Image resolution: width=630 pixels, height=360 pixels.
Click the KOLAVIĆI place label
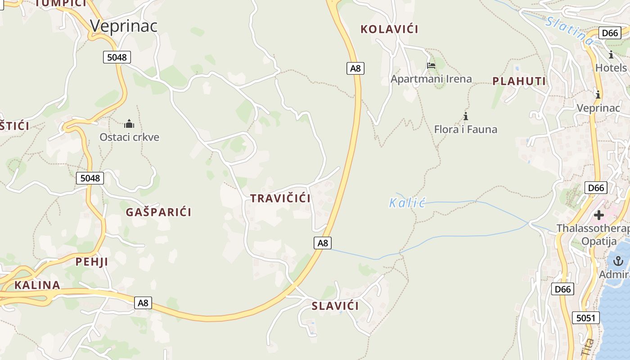point(389,29)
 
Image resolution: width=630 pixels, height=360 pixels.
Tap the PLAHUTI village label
point(519,81)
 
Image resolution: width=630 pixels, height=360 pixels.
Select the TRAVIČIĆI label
point(280,198)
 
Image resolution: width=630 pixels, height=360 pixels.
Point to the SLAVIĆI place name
point(335,306)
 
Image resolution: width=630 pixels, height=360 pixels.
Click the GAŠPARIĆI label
point(159,212)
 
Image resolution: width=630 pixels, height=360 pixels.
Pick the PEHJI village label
point(91,262)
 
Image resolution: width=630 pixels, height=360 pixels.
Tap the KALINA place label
point(37,285)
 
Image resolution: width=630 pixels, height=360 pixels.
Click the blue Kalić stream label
point(407,203)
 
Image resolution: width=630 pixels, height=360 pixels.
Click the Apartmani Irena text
point(431,79)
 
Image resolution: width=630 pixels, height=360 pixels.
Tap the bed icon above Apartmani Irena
point(431,66)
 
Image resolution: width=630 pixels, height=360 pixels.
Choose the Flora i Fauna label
point(466,130)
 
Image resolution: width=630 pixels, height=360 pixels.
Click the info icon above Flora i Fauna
point(466,117)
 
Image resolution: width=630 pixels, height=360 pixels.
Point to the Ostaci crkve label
point(130,137)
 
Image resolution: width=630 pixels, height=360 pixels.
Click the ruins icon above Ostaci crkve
point(129,124)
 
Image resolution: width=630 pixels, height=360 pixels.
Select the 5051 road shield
point(586,318)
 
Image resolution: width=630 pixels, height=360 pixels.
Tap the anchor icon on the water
point(618,261)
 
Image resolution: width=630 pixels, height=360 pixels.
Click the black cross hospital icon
point(598,215)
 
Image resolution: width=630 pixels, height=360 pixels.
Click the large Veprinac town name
point(124,26)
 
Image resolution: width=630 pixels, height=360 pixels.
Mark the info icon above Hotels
point(611,55)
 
